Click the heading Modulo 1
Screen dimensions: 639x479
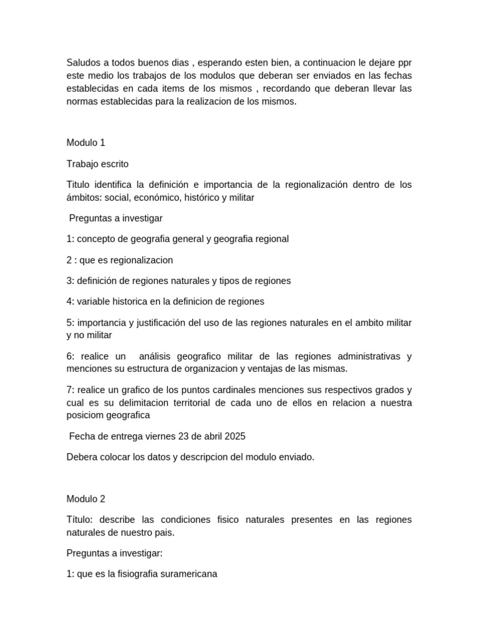tap(82, 143)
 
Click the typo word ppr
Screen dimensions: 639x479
tap(404, 62)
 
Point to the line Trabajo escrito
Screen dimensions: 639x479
tap(97, 164)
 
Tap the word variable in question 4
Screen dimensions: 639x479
tap(94, 301)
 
